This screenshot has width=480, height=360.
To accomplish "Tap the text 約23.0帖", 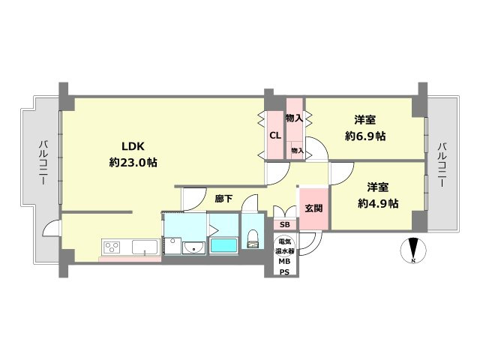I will [x=133, y=161].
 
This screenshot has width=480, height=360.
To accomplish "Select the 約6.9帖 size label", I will [x=365, y=136].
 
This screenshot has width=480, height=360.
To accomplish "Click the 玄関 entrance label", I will [x=313, y=208].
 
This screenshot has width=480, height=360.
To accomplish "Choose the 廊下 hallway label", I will [x=223, y=199].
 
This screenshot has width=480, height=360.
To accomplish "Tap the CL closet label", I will [x=274, y=135].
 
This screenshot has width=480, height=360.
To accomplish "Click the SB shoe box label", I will [x=285, y=224].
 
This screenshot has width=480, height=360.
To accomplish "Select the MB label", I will [x=285, y=261].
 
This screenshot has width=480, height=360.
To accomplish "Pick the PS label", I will [x=285, y=271].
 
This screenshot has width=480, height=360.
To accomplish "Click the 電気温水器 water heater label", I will [x=285, y=246].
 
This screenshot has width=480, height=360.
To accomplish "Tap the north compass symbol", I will [x=412, y=250].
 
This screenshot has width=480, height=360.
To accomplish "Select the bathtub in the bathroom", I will [x=223, y=245].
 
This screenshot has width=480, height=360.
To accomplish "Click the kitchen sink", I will [x=143, y=246].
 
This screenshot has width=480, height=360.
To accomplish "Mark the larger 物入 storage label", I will [x=294, y=118].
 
